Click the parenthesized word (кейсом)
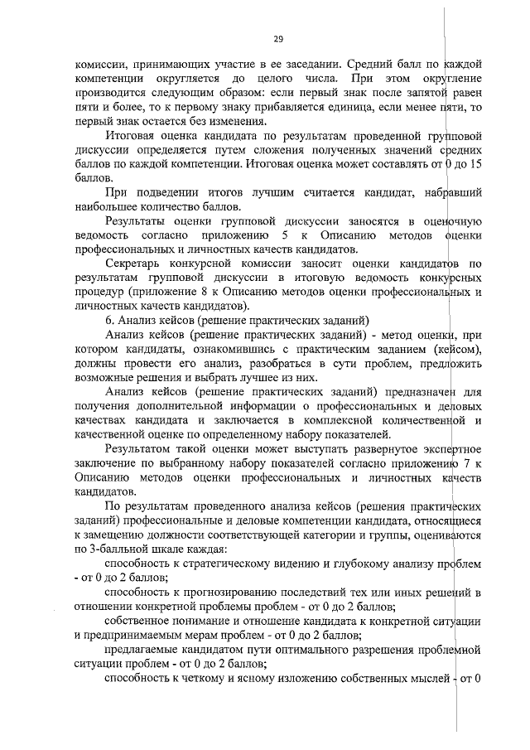pos(456,350)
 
